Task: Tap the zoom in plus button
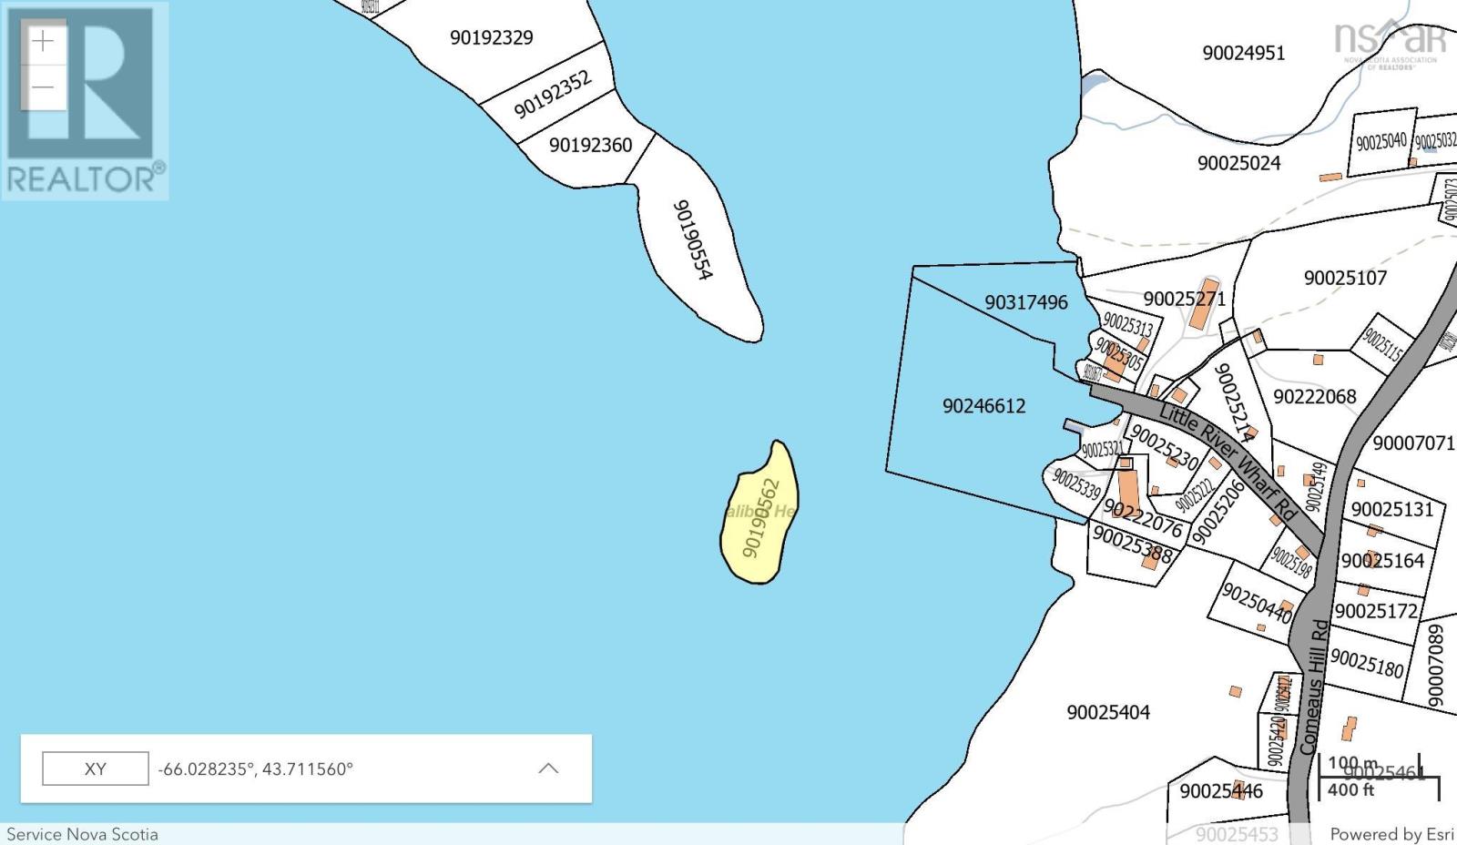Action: (43, 42)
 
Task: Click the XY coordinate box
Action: (96, 769)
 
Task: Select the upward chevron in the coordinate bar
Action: (548, 769)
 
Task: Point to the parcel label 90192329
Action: (492, 37)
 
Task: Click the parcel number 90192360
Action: (590, 145)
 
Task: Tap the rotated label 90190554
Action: (693, 239)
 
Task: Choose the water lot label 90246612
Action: (983, 406)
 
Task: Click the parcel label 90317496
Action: (1025, 302)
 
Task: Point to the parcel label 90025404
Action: (1108, 712)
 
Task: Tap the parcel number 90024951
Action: (1243, 53)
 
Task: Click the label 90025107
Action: (1345, 278)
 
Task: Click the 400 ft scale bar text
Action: (1350, 790)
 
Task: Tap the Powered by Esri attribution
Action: (1391, 834)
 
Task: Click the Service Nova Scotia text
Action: (82, 834)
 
